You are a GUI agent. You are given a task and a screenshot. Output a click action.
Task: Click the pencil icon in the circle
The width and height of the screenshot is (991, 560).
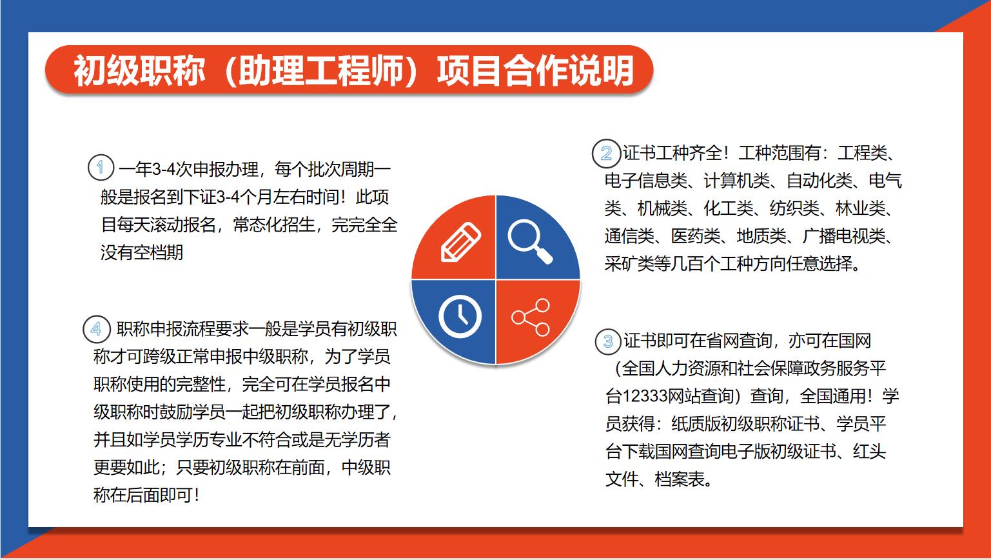[x=460, y=242]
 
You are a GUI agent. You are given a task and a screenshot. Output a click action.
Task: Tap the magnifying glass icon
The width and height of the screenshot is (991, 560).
[x=529, y=241]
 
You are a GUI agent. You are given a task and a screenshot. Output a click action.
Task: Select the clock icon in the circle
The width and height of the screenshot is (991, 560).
[x=460, y=317]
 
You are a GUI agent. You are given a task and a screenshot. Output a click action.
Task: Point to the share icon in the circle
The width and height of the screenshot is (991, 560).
[x=531, y=317]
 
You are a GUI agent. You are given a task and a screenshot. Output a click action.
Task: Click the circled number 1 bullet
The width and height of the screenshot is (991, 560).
[x=101, y=167]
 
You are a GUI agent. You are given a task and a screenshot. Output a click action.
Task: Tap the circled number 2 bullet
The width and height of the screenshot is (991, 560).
[x=605, y=154]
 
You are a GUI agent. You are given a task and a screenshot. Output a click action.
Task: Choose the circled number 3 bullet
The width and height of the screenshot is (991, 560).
[x=608, y=341]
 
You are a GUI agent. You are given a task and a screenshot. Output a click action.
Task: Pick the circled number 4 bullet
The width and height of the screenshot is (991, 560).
[x=96, y=329]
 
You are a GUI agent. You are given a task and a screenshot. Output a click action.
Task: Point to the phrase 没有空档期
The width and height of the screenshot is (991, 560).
[x=142, y=252]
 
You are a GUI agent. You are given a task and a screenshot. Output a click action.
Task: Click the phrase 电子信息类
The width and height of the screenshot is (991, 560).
[x=645, y=181]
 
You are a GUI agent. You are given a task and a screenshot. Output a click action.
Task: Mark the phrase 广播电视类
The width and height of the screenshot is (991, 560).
[x=844, y=236]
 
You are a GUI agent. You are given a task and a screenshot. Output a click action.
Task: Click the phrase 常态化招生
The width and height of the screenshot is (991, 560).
[x=274, y=225]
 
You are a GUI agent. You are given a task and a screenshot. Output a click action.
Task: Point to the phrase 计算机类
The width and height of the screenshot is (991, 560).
[x=736, y=181]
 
